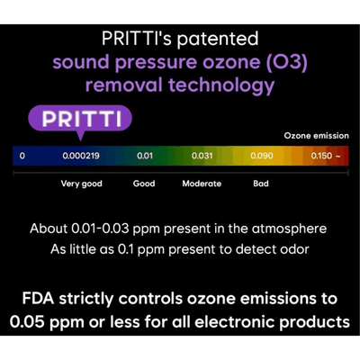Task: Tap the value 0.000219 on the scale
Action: [81, 156]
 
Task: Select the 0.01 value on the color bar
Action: [145, 156]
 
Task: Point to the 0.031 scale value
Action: [202, 156]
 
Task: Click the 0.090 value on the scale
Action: [262, 156]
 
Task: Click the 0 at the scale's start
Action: [22, 156]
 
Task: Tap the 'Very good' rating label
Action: [81, 184]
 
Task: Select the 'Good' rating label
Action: [144, 184]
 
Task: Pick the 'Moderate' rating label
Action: [202, 184]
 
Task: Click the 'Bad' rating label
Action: [261, 184]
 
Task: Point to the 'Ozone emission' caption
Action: [316, 135]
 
